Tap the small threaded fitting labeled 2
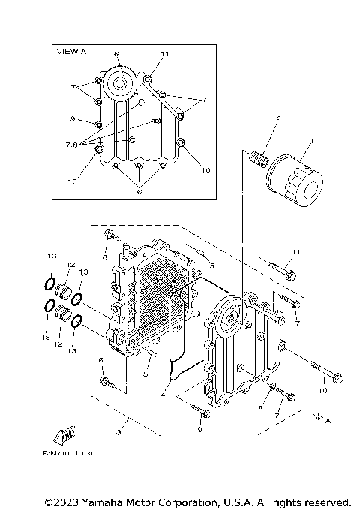[x=260, y=160]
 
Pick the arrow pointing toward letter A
[x=317, y=414]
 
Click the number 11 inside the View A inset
[x=166, y=55]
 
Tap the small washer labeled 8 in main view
[x=274, y=388]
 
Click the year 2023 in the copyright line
[x=67, y=501]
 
